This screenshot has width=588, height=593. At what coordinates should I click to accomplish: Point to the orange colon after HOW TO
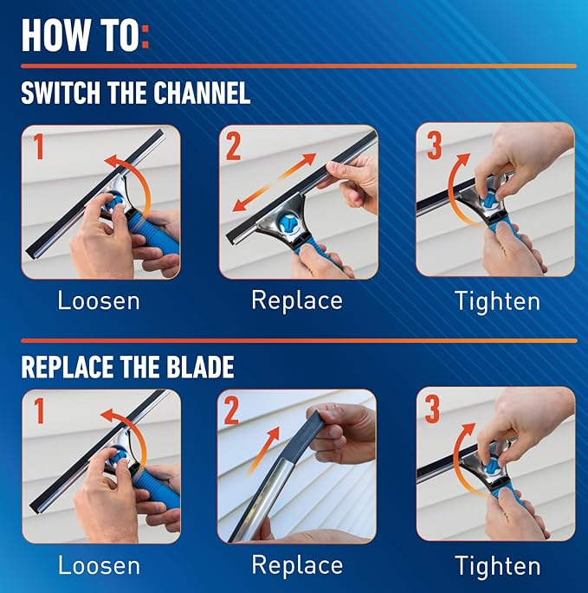click(144, 36)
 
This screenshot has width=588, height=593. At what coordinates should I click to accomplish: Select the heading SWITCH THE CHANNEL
click(136, 92)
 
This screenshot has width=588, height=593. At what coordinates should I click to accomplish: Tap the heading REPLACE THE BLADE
click(127, 366)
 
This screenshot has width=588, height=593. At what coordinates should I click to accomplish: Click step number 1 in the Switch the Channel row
click(38, 147)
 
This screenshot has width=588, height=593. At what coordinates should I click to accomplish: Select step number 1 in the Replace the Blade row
click(38, 411)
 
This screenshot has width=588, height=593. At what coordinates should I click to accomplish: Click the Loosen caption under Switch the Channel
click(99, 301)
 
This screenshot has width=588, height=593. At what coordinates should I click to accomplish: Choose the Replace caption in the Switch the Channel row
click(296, 301)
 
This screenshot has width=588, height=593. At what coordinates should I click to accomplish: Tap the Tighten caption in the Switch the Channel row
click(497, 301)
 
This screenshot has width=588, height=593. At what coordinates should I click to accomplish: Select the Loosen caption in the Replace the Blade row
click(99, 566)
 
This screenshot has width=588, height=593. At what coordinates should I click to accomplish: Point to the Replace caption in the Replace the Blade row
click(296, 566)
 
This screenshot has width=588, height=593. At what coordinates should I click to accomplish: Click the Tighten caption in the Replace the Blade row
click(497, 566)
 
